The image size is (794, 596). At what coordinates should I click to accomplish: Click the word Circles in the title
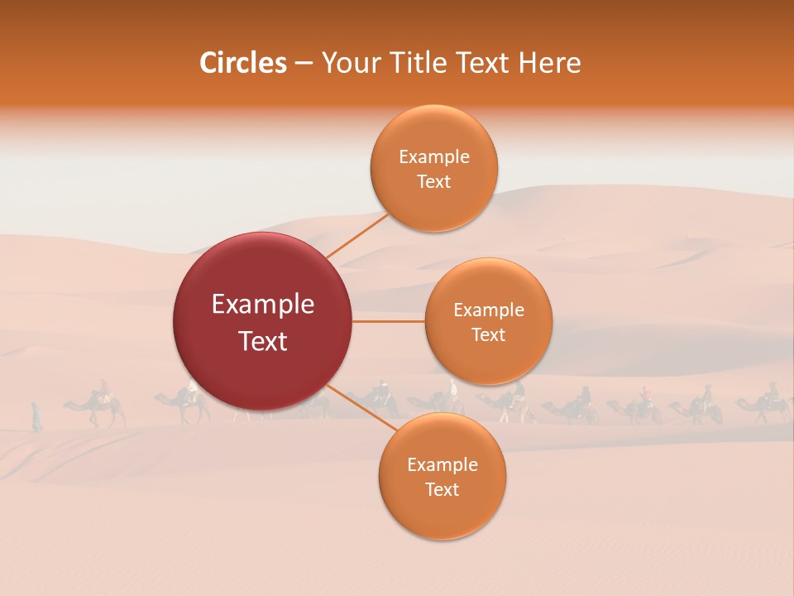point(242,63)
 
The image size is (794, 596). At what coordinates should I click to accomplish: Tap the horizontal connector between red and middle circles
point(388,321)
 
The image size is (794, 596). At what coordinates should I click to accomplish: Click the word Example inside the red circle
point(263,305)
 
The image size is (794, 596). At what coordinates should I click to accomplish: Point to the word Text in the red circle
point(263,341)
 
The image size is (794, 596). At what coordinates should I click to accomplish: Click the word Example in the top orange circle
point(434,157)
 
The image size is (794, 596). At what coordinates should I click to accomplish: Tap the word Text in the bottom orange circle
point(442,489)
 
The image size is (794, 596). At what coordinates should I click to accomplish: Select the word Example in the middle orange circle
point(489,310)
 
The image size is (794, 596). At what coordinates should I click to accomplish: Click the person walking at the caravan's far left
point(36,416)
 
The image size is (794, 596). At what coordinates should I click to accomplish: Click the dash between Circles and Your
point(304,64)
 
